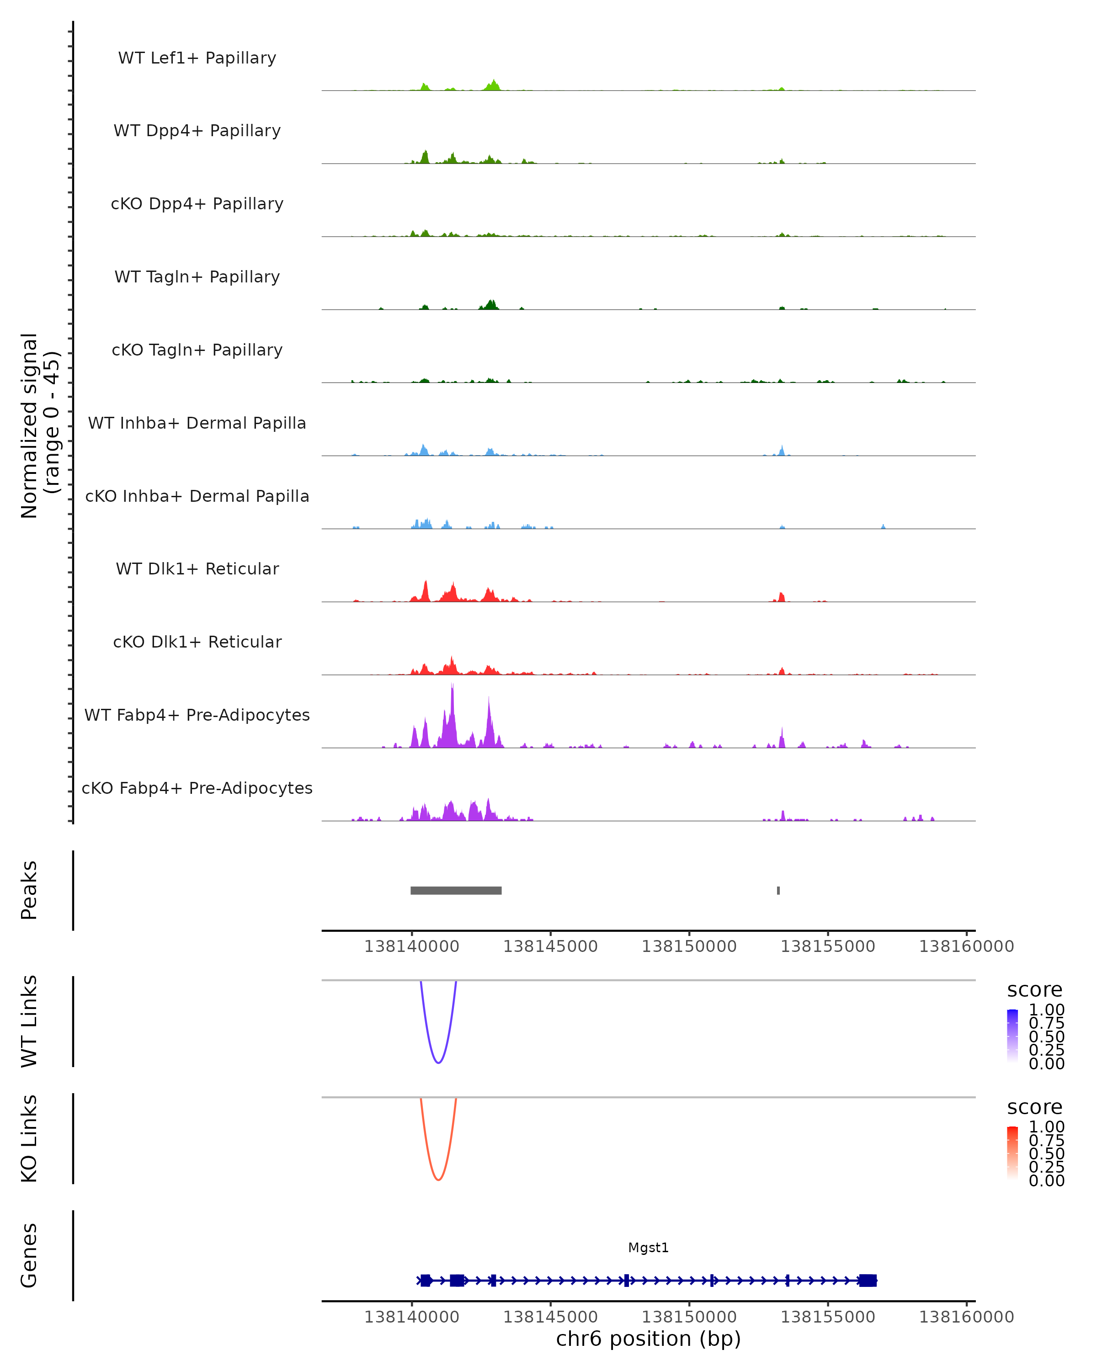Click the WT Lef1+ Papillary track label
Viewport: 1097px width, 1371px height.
[197, 58]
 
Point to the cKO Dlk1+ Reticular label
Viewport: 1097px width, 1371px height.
[197, 642]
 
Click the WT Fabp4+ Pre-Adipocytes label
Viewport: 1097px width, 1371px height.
[197, 715]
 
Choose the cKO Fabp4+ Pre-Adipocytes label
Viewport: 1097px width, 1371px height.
[197, 788]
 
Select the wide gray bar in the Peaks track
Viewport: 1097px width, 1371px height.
[456, 890]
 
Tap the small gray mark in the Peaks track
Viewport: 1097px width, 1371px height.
[778, 890]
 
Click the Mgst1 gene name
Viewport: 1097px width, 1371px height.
[648, 1248]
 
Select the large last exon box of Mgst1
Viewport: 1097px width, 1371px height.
[868, 1280]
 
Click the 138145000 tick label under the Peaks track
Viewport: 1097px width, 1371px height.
[550, 946]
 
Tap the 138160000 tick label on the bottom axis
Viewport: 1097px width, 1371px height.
[966, 1317]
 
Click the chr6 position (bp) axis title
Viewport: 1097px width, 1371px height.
[648, 1339]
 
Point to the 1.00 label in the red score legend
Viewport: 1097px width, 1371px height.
[1047, 1127]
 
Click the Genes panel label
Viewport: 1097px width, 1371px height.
[29, 1255]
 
